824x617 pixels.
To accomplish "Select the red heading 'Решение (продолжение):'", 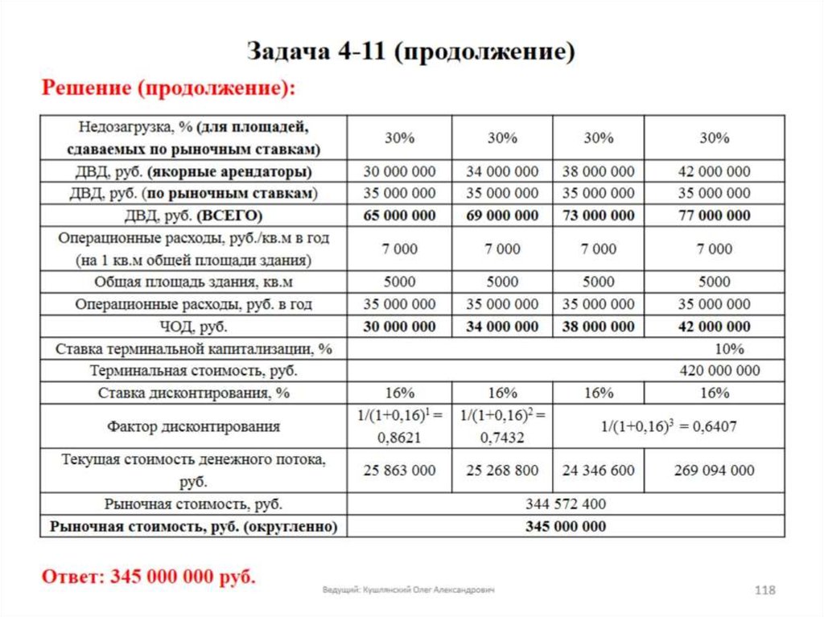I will (x=169, y=87).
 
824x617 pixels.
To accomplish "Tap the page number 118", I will (x=764, y=590).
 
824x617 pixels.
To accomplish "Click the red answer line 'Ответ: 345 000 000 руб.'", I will (x=149, y=577).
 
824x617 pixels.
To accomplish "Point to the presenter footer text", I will (x=409, y=590).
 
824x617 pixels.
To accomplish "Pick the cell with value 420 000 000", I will (x=719, y=371).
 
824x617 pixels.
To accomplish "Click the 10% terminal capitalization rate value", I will (x=728, y=349).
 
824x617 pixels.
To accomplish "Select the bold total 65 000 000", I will (x=399, y=216).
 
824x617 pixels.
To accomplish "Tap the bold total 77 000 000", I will (x=714, y=216).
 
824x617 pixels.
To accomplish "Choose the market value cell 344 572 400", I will (x=565, y=504).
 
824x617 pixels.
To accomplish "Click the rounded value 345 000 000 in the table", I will (x=565, y=527).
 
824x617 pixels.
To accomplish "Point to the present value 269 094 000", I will (x=714, y=471).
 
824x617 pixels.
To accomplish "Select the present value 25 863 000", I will (x=399, y=471).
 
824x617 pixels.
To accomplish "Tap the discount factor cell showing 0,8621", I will (x=399, y=426).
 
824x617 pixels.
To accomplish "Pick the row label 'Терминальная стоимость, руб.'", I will (x=193, y=371).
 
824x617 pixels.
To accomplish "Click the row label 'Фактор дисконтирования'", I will (x=193, y=426).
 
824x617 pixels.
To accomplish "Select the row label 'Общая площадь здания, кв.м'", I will (x=193, y=282).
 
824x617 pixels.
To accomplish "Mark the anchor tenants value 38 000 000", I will (x=598, y=171).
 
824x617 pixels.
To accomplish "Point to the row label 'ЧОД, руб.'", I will (x=193, y=327).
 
